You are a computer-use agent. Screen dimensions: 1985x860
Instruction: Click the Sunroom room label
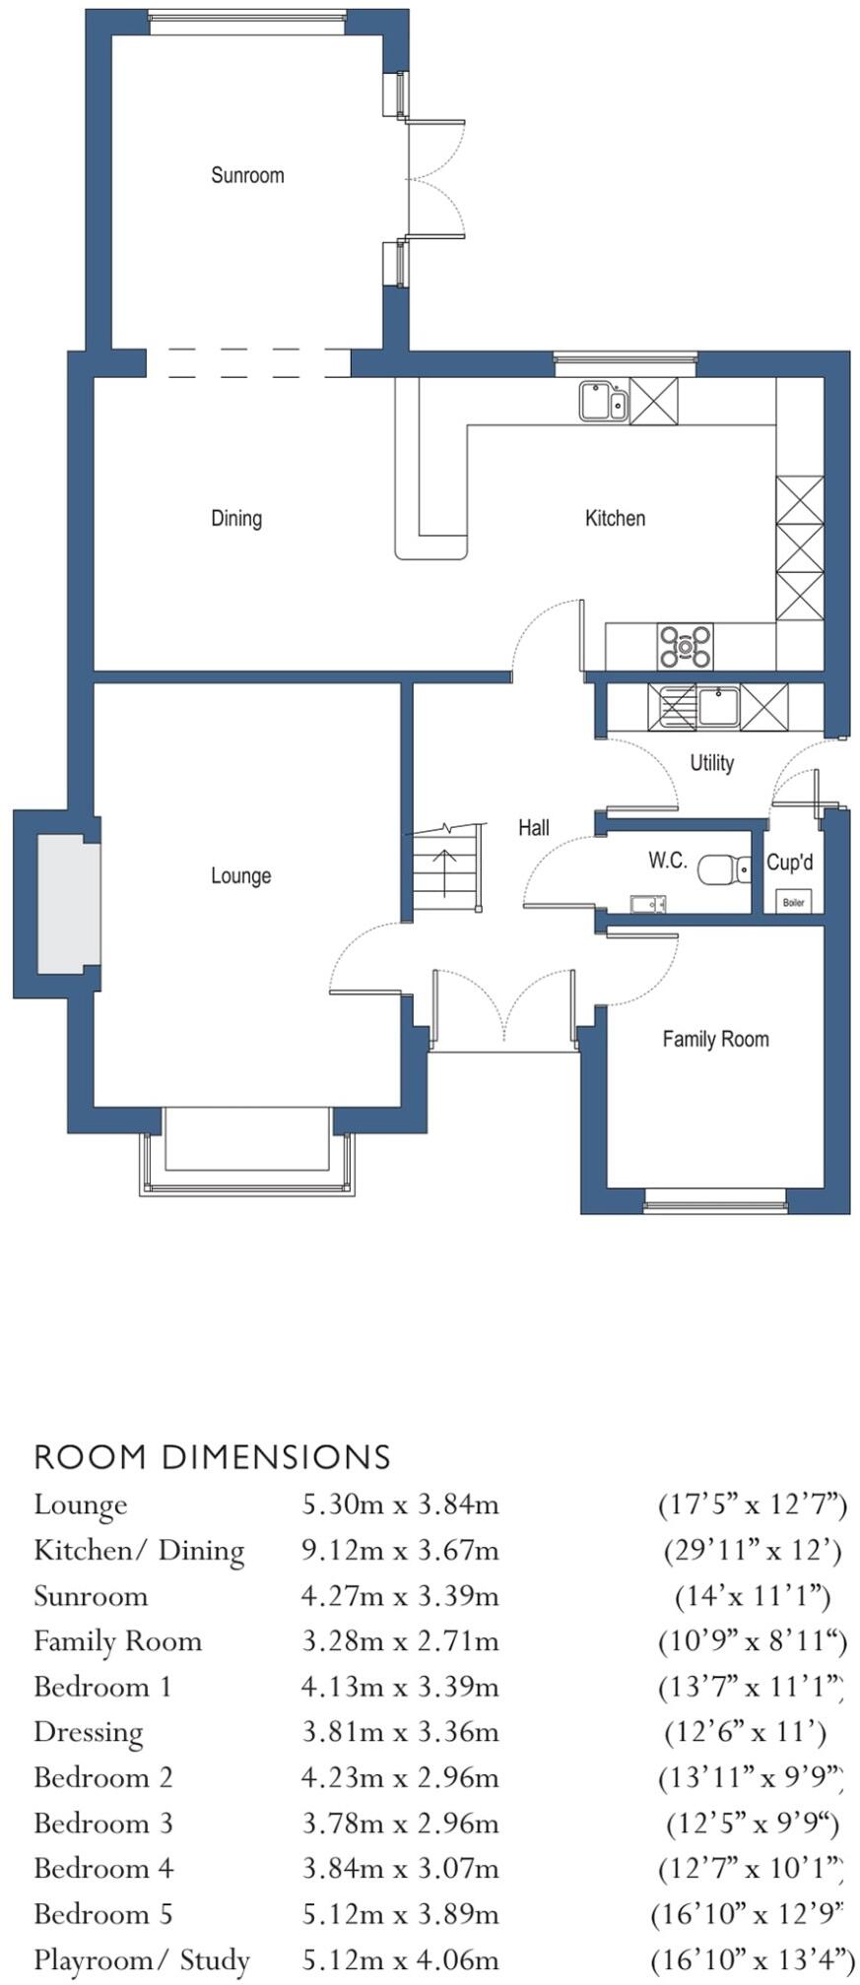(247, 175)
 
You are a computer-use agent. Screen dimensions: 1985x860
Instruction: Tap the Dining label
(236, 518)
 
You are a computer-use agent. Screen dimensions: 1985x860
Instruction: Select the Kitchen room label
(615, 518)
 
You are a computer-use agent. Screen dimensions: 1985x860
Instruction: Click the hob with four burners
(686, 647)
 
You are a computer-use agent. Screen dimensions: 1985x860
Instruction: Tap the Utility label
(711, 763)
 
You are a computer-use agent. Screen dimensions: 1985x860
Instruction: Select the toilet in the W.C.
(723, 869)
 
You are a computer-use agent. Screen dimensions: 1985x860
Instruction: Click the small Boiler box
(793, 901)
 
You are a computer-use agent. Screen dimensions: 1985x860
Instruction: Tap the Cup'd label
(789, 863)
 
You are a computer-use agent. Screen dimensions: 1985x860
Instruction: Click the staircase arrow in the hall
(445, 870)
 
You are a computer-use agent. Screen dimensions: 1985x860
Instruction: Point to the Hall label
(534, 828)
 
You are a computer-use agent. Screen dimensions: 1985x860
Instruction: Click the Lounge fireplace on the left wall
(69, 903)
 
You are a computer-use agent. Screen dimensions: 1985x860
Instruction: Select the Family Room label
(715, 1039)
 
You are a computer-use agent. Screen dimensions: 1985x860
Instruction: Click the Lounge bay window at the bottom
(246, 1152)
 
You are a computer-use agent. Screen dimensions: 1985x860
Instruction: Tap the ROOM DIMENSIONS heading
(213, 1457)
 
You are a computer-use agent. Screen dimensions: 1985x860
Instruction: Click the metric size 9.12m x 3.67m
(400, 1551)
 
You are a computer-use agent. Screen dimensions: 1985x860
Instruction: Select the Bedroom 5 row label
(103, 1914)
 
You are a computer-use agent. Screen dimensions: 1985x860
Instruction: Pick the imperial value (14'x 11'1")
(753, 1596)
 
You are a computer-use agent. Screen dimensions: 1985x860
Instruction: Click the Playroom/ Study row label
(142, 1959)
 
